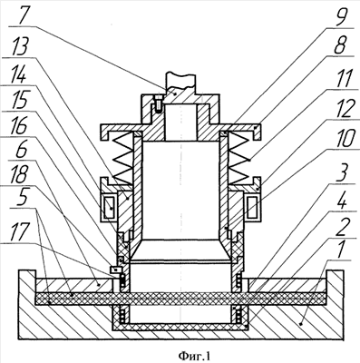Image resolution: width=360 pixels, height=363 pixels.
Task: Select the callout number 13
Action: pos(20,46)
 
